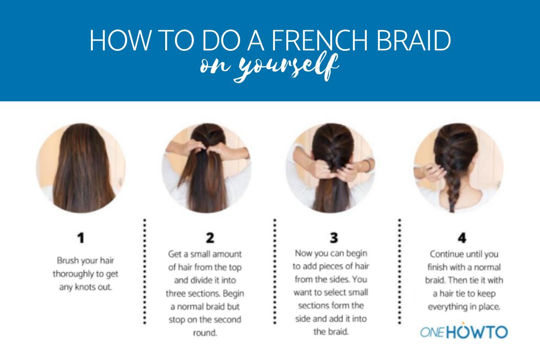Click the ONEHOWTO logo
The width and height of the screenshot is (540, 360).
[463, 332]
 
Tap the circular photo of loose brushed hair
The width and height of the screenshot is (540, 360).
[81, 168]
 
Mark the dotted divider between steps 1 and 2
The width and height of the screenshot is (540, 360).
[144, 271]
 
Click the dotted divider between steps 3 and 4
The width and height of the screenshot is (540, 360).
[399, 271]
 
